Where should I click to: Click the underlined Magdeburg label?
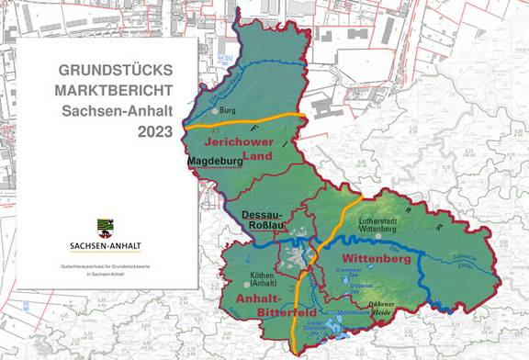[214, 162]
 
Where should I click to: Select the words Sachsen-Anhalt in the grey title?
[118, 111]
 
